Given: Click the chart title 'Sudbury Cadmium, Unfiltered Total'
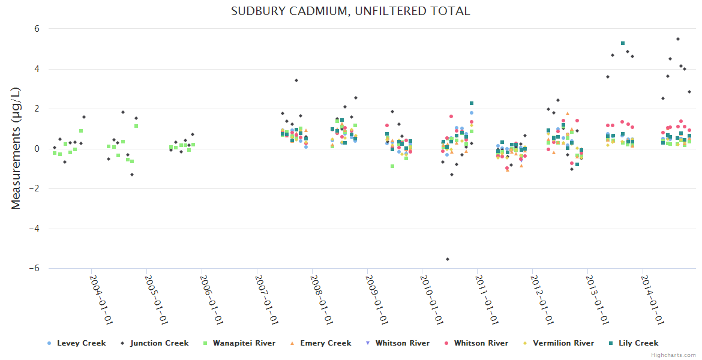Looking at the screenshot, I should pyautogui.click(x=350, y=11).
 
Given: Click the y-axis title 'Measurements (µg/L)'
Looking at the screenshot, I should pyautogui.click(x=16, y=148).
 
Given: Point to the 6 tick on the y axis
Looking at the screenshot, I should pyautogui.click(x=37, y=29).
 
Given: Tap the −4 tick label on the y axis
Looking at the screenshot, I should pyautogui.click(x=34, y=229).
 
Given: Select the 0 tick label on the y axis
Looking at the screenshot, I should pyautogui.click(x=37, y=149).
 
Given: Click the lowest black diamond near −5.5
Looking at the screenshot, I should pyautogui.click(x=448, y=259).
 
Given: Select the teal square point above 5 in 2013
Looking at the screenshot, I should pyautogui.click(x=623, y=43).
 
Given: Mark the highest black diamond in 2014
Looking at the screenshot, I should pyautogui.click(x=678, y=39).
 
